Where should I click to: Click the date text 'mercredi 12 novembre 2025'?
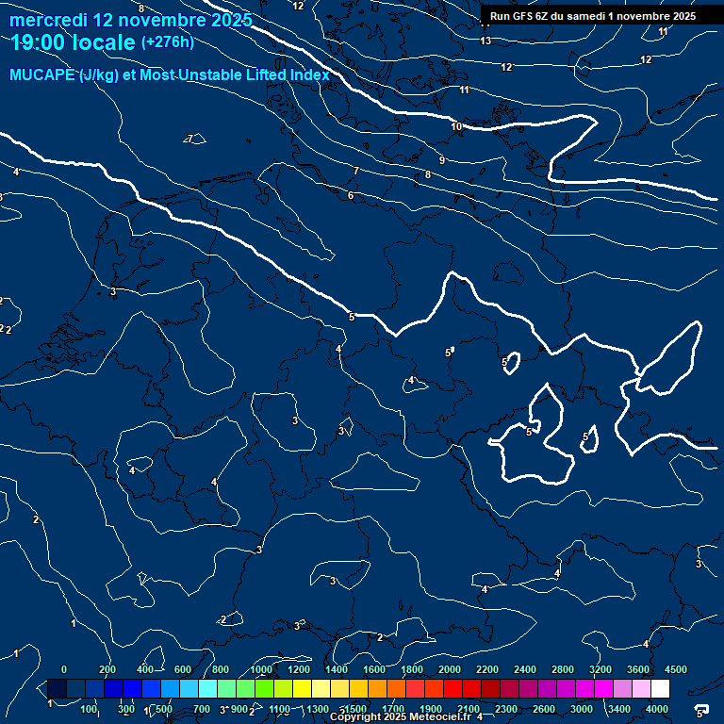pos(131,20)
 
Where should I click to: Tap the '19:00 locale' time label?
pos(74,42)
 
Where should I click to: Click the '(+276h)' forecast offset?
pos(167,41)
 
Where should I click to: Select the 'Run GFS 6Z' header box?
pos(593,15)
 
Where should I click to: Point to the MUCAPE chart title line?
pos(170,75)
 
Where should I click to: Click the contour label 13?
pos(485,41)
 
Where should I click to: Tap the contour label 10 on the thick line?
pos(456,126)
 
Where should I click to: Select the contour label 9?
pos(441,161)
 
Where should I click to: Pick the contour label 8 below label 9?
pos(428,174)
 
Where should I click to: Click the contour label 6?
pos(351,196)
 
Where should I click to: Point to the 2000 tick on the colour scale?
pos(450,669)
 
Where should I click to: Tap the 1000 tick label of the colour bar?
pos(261,669)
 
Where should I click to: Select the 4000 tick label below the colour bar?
pos(657,709)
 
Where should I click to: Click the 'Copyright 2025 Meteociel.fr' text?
pos(401,717)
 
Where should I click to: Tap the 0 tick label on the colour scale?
pos(64,669)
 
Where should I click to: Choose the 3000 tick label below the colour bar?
pos(582,709)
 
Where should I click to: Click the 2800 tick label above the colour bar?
pos(563,669)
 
